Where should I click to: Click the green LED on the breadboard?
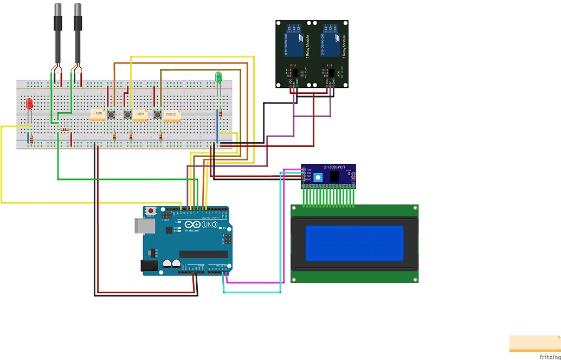[219, 77]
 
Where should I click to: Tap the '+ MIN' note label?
[98, 114]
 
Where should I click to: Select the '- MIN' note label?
[140, 115]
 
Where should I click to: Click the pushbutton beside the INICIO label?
[158, 115]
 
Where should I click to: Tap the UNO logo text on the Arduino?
[209, 224]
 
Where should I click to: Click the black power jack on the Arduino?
[147, 265]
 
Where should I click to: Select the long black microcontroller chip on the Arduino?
[203, 254]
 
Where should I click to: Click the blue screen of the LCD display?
[354, 242]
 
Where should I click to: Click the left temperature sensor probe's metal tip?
[57, 9]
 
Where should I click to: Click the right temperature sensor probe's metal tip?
[78, 9]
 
